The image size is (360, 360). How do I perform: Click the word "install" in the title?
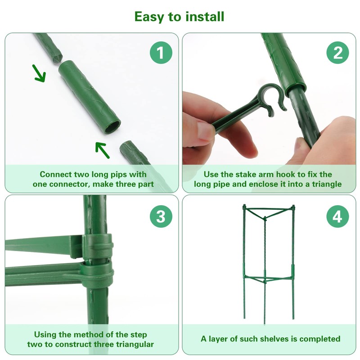[205, 17]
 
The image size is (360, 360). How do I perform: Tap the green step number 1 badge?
[161, 53]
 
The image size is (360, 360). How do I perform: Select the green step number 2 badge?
[337, 53]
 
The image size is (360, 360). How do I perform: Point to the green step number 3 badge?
[161, 216]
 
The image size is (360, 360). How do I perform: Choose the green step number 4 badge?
[337, 216]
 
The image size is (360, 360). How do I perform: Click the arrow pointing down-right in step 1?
[39, 73]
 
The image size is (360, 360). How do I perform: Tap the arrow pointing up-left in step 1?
[103, 150]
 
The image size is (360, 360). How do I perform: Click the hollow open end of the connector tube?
[112, 127]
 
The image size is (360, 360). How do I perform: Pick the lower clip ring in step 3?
[98, 274]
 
